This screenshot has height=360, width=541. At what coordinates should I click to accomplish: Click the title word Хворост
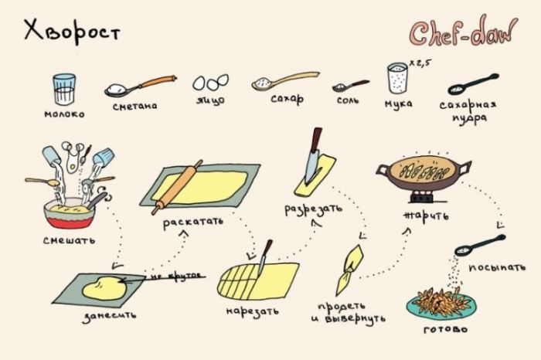coord(72,31)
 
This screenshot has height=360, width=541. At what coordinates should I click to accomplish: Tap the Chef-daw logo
coord(464,32)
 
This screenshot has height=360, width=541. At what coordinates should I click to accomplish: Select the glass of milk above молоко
coord(64,89)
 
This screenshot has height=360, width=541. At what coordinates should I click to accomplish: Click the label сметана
coord(135,106)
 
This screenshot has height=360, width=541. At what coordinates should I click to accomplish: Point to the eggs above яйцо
coord(210,83)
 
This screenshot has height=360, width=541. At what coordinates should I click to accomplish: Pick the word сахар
coord(288,99)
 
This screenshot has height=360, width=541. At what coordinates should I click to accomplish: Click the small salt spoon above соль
coord(350,86)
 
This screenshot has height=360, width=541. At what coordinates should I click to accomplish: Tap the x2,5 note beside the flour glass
coord(420,63)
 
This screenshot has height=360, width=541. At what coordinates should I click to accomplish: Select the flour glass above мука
coord(397,78)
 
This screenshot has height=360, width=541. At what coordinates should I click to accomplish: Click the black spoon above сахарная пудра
coord(473,84)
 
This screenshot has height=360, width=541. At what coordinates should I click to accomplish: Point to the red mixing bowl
coord(69,213)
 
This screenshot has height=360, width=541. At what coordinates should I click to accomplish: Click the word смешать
coord(69,240)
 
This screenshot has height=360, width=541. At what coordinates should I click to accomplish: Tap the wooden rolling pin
coord(177,187)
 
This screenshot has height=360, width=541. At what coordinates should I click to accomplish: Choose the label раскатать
coord(193,222)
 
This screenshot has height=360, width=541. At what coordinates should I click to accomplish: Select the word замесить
coord(110,316)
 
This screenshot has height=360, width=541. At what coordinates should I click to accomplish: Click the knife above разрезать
coord(313,155)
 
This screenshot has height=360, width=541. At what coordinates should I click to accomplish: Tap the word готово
coord(445,329)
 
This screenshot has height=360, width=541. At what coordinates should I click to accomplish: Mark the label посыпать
coord(497,267)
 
